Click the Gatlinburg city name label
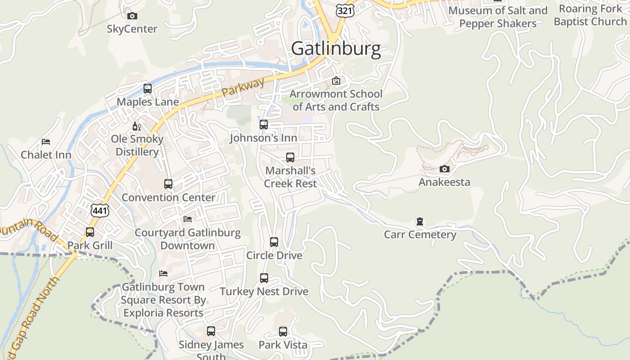pos(336,49)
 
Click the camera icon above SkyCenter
pos(132,16)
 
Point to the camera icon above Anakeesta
pos(444,169)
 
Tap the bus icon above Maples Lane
pos(148,89)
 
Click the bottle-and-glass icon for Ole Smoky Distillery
pos(137,126)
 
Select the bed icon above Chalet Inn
pos(46,142)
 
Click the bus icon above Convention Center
pos(168,184)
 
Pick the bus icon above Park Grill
pos(90,232)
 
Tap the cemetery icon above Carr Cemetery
pos(420,221)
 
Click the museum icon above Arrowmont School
pos(336,81)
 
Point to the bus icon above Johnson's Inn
pos(264,125)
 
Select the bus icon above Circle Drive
pos(274,242)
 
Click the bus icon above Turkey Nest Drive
pos(264,278)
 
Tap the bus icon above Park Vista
pos(283,332)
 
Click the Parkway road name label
pos(243,88)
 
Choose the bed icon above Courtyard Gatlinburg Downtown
pos(188,219)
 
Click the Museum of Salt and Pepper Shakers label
pos(498,17)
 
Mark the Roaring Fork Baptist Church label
pos(590,15)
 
